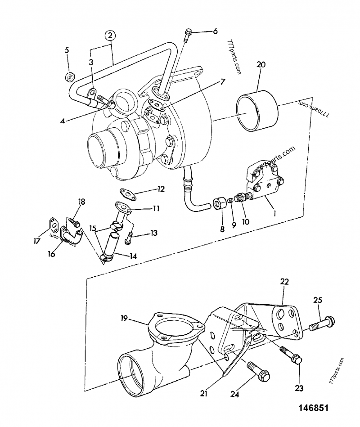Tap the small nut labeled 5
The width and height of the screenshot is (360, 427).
tap(69, 76)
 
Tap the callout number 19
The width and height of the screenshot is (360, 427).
tap(124, 319)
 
